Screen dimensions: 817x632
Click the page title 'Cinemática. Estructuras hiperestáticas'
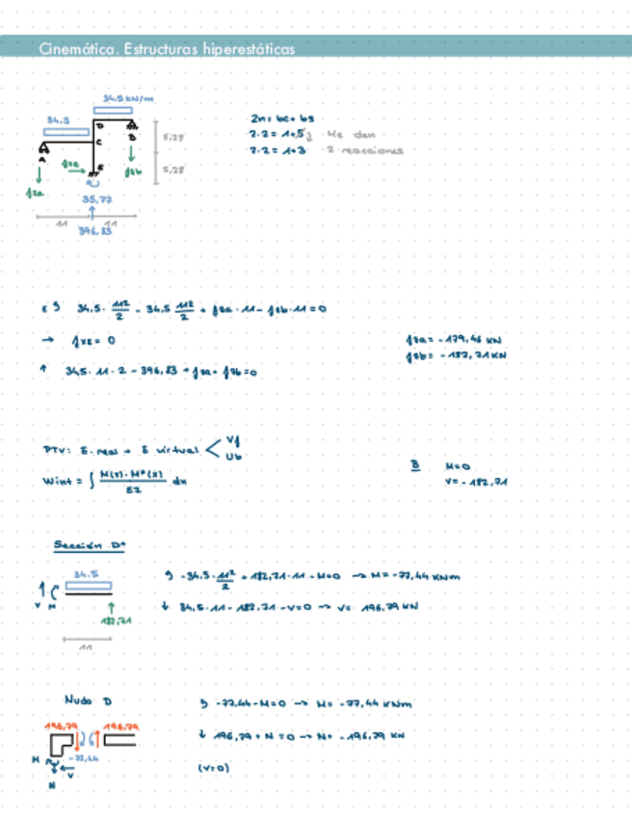click(168, 49)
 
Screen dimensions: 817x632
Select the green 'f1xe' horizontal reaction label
click(69, 165)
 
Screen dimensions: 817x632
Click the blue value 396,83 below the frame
click(94, 231)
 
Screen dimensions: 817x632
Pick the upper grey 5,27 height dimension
click(173, 138)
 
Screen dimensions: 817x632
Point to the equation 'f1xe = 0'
click(92, 340)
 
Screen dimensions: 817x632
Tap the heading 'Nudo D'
click(88, 700)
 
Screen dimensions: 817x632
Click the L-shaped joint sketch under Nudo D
click(63, 743)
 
